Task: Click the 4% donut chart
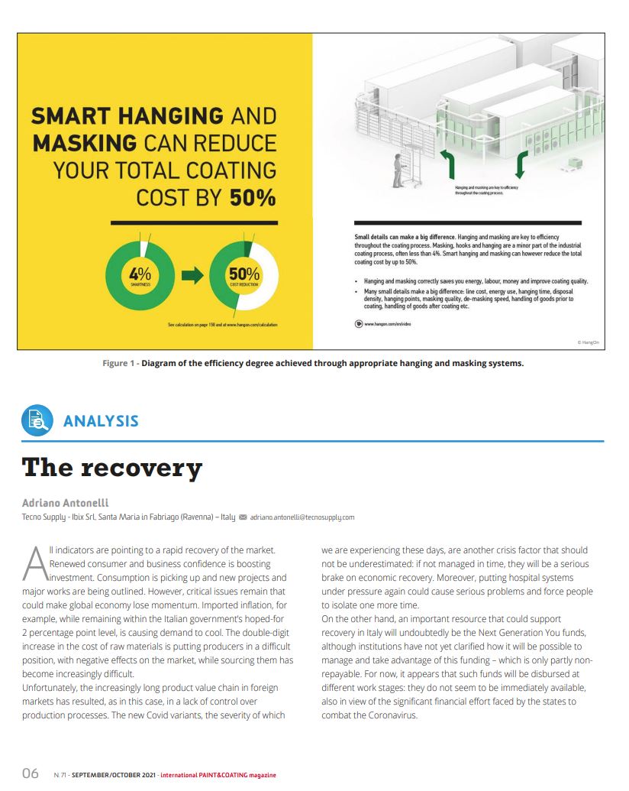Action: (x=140, y=275)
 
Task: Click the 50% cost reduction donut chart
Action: (x=244, y=276)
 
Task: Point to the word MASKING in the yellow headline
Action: (x=84, y=143)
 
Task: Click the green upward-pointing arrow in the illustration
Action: (x=447, y=164)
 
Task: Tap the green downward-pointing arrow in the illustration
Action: (x=521, y=164)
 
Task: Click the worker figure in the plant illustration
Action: (x=397, y=170)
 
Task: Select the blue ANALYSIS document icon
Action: (x=37, y=420)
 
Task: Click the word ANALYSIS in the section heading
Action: (x=101, y=421)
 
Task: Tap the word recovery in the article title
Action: (x=151, y=467)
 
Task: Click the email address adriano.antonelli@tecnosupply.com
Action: (x=302, y=517)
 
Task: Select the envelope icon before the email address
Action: (x=244, y=517)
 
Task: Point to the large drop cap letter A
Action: (x=35, y=563)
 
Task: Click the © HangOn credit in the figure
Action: (x=588, y=343)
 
